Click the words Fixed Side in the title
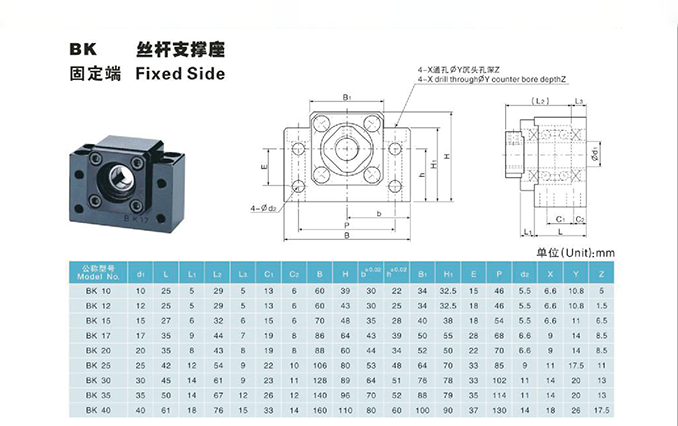(x=180, y=73)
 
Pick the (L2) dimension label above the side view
(x=543, y=101)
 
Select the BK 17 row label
(x=99, y=335)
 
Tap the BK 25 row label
(x=99, y=365)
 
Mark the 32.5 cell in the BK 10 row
(x=447, y=289)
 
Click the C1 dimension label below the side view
(x=561, y=218)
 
